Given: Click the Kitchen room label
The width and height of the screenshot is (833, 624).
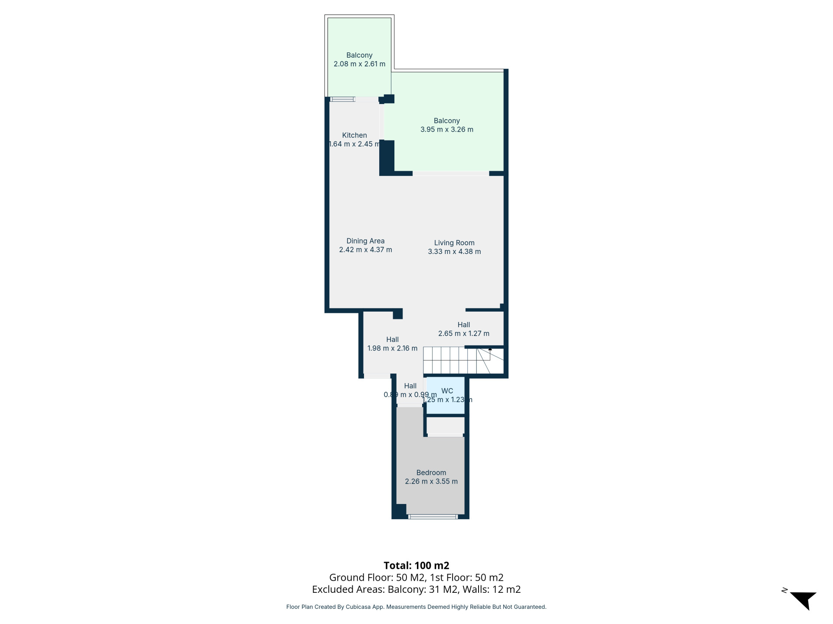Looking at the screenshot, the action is (x=354, y=135).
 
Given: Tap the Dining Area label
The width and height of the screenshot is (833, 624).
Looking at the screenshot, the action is (x=365, y=241).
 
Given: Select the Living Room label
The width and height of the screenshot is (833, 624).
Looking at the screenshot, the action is (x=454, y=243).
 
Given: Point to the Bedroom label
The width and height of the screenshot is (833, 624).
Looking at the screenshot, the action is (x=431, y=472).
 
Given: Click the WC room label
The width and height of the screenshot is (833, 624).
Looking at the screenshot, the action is (x=447, y=391).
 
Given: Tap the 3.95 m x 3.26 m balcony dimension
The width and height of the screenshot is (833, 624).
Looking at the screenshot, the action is (x=447, y=129).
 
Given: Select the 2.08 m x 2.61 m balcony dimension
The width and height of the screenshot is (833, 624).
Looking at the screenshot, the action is (x=359, y=64).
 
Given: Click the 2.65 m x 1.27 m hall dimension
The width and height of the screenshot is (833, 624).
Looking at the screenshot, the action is (x=464, y=333).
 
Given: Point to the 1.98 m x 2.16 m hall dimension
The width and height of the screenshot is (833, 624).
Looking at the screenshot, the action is (x=393, y=348).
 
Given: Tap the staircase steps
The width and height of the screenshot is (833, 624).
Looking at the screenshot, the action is (x=463, y=360).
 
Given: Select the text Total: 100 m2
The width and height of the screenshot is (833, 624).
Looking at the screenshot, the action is (x=416, y=565).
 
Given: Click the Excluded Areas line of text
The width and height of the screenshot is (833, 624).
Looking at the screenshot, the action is (x=416, y=589).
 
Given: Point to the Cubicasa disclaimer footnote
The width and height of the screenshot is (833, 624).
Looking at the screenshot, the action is (x=416, y=607).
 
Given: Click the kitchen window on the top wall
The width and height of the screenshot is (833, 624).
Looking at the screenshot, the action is (x=342, y=99).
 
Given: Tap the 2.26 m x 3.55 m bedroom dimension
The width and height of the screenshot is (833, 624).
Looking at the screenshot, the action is (x=431, y=481).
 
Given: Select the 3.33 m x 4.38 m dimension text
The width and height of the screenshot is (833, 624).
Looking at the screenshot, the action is (x=454, y=251).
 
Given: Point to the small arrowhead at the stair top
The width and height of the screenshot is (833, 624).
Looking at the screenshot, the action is (x=490, y=348).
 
